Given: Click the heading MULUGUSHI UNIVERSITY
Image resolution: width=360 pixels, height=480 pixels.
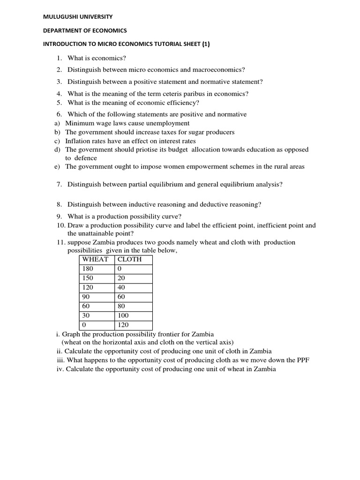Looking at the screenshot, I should [x=78, y=17].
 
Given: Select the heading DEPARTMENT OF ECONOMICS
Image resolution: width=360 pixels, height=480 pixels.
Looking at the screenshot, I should [x=85, y=30].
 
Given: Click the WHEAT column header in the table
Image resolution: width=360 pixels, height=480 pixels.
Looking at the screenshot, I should [x=95, y=259].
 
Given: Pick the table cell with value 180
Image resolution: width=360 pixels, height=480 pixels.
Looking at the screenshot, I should [x=88, y=269].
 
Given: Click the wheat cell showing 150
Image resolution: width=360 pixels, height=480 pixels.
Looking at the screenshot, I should [x=88, y=278].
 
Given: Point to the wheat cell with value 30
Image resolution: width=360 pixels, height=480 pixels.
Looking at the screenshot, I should [x=86, y=315].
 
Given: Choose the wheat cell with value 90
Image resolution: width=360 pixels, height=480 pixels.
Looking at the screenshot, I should [x=86, y=297].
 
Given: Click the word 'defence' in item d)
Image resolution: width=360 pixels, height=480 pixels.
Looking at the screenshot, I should [x=86, y=158].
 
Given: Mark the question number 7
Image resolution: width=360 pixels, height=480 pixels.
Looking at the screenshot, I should [x=59, y=185].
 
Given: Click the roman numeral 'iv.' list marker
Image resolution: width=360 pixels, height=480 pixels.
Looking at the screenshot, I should [x=60, y=369].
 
